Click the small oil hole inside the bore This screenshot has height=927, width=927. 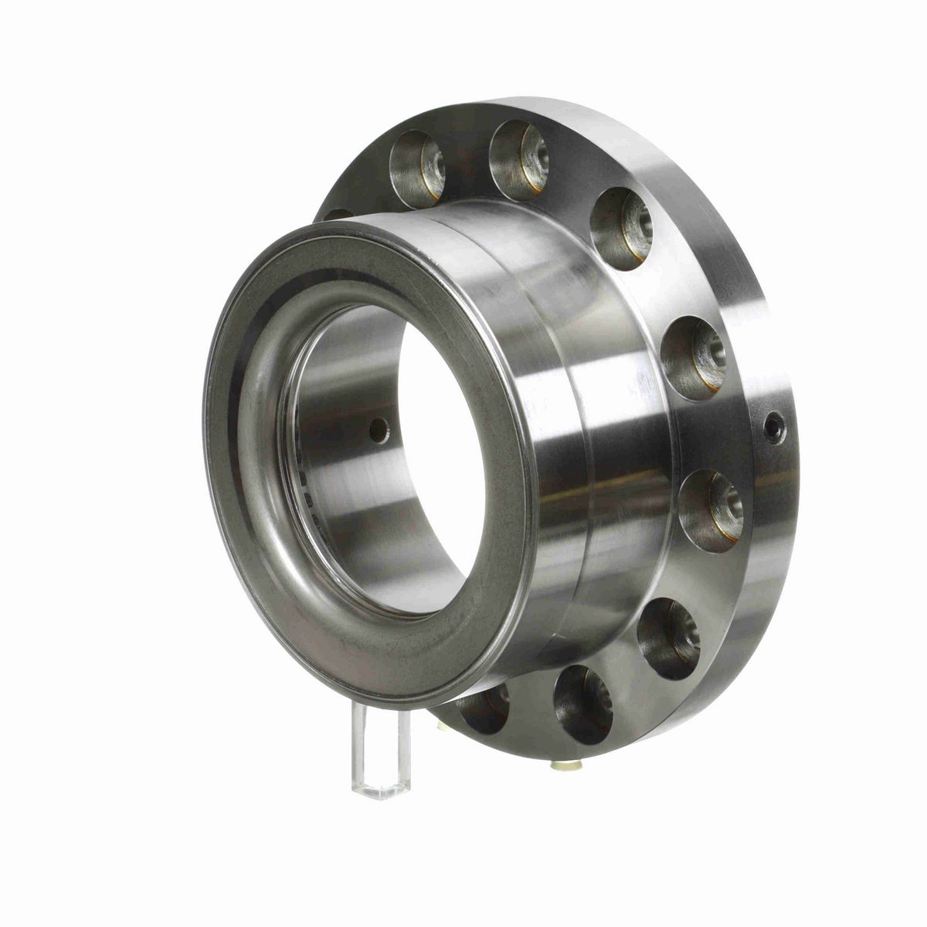point(379,430)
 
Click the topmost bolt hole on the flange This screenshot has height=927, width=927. point(518,150)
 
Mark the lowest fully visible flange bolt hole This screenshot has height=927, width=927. point(585,702)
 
